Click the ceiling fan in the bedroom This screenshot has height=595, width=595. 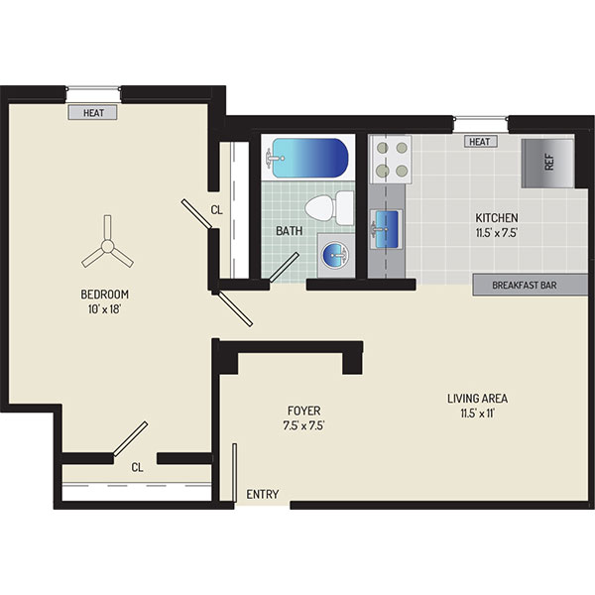click(107, 247)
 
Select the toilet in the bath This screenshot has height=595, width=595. click(329, 208)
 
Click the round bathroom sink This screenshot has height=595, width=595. click(335, 254)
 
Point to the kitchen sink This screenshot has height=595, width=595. click(386, 229)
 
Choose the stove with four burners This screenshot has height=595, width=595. click(392, 160)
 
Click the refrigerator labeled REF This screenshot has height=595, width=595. click(547, 164)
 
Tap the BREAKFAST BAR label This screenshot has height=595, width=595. click(524, 285)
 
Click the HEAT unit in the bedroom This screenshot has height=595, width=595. click(92, 113)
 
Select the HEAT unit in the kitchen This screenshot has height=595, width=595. click(480, 142)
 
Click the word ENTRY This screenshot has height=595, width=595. click(263, 494)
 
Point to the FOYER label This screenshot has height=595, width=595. click(304, 411)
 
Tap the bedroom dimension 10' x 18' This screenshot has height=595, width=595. click(104, 309)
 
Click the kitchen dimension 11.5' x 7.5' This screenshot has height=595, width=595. click(497, 233)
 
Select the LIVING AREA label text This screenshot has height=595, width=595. click(477, 398)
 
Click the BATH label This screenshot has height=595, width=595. click(290, 231)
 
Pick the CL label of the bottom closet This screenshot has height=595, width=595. click(138, 467)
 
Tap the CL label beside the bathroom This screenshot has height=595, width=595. click(216, 210)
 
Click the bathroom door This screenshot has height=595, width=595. click(284, 267)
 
